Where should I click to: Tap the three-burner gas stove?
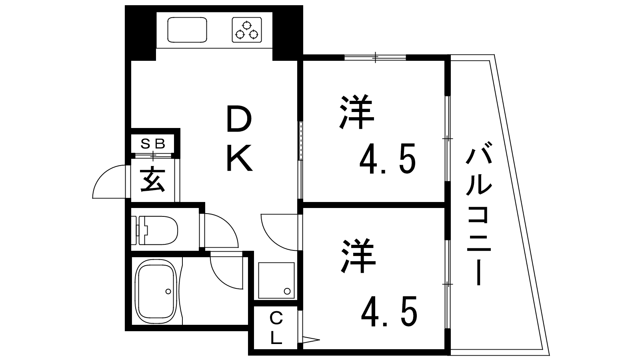pyautogui.click(x=246, y=30)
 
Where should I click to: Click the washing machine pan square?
pyautogui.click(x=276, y=280)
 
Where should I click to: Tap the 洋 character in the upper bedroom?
pyautogui.click(x=356, y=112)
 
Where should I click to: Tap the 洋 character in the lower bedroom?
pyautogui.click(x=358, y=256)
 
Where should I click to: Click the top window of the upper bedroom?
pyautogui.click(x=375, y=58)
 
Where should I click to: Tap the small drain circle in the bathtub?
pyautogui.click(x=168, y=291)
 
